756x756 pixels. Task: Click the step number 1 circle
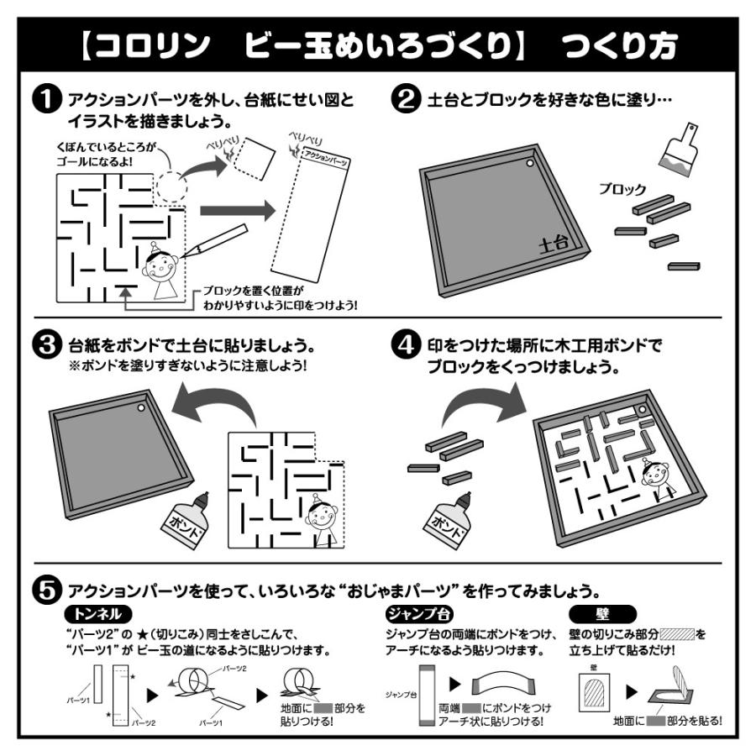click(x=47, y=99)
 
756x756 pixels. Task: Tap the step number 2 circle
click(x=406, y=99)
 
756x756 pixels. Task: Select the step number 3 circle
click(x=47, y=346)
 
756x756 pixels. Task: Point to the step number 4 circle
click(x=406, y=346)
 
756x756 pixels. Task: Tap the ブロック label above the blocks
click(x=622, y=189)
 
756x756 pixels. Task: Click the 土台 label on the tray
click(x=554, y=244)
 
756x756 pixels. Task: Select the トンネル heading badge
click(x=98, y=614)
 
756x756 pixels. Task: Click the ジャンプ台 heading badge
click(x=419, y=614)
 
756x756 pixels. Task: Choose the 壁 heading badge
click(x=602, y=614)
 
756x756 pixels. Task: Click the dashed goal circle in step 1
click(x=171, y=186)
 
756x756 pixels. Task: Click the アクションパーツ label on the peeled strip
click(x=326, y=158)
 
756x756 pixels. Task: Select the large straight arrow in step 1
click(x=237, y=211)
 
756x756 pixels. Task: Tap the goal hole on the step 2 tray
click(x=530, y=164)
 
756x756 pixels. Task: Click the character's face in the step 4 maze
click(x=654, y=475)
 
